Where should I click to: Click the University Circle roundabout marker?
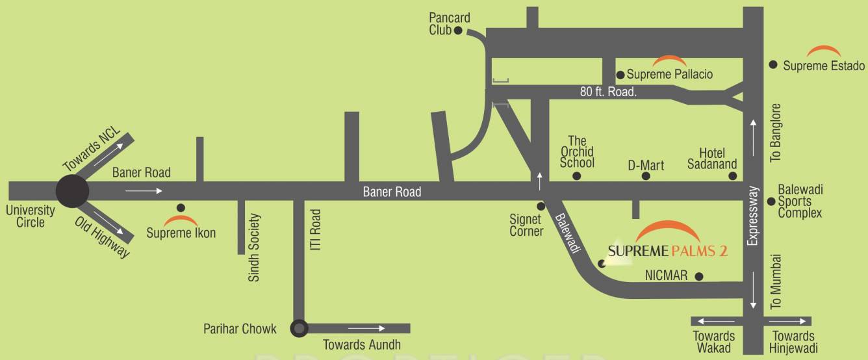72,191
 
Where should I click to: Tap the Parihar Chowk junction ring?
299,328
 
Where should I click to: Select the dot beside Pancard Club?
458,30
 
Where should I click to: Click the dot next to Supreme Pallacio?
620,75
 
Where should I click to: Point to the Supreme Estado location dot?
773,64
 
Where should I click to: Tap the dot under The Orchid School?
577,176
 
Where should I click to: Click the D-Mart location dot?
646,176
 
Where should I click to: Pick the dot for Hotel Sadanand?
733,176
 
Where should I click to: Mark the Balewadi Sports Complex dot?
771,201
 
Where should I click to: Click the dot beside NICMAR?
699,276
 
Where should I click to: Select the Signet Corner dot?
541,206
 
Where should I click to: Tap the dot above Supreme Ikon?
181,207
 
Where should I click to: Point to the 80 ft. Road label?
608,92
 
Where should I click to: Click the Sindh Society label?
254,248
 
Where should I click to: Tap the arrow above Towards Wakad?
713,321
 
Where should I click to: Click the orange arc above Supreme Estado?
823,51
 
